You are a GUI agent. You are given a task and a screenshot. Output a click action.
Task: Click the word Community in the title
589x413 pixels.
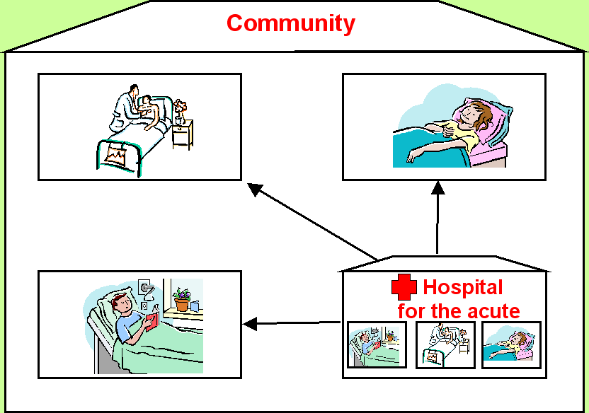click(290, 23)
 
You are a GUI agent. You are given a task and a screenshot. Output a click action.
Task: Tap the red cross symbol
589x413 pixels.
click(404, 288)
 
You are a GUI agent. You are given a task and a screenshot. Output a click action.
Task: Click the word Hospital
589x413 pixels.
click(463, 287)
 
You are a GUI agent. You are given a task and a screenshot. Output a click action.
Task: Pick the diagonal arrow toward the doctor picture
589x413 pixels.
click(311, 221)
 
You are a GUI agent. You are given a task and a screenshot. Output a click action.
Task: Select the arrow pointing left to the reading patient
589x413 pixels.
click(290, 324)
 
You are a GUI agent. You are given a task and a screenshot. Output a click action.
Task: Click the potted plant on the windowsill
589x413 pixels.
click(182, 300)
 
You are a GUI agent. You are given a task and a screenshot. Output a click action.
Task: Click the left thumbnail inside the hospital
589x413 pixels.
click(377, 344)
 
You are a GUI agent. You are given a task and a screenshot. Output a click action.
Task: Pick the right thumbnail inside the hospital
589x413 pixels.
click(511, 344)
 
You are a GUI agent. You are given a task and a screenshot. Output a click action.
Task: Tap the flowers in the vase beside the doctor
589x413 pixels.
click(180, 107)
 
